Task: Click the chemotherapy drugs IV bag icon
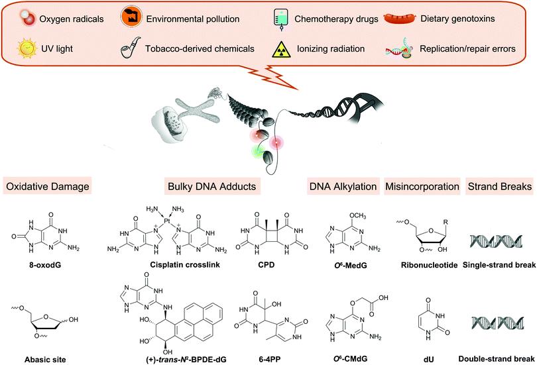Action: tap(284, 19)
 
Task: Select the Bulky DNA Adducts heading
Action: tap(204, 188)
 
